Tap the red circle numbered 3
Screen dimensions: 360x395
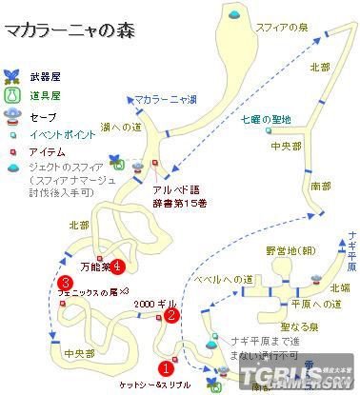[64, 283]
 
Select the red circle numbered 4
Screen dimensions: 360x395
[117, 265]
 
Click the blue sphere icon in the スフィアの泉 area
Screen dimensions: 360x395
[234, 14]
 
